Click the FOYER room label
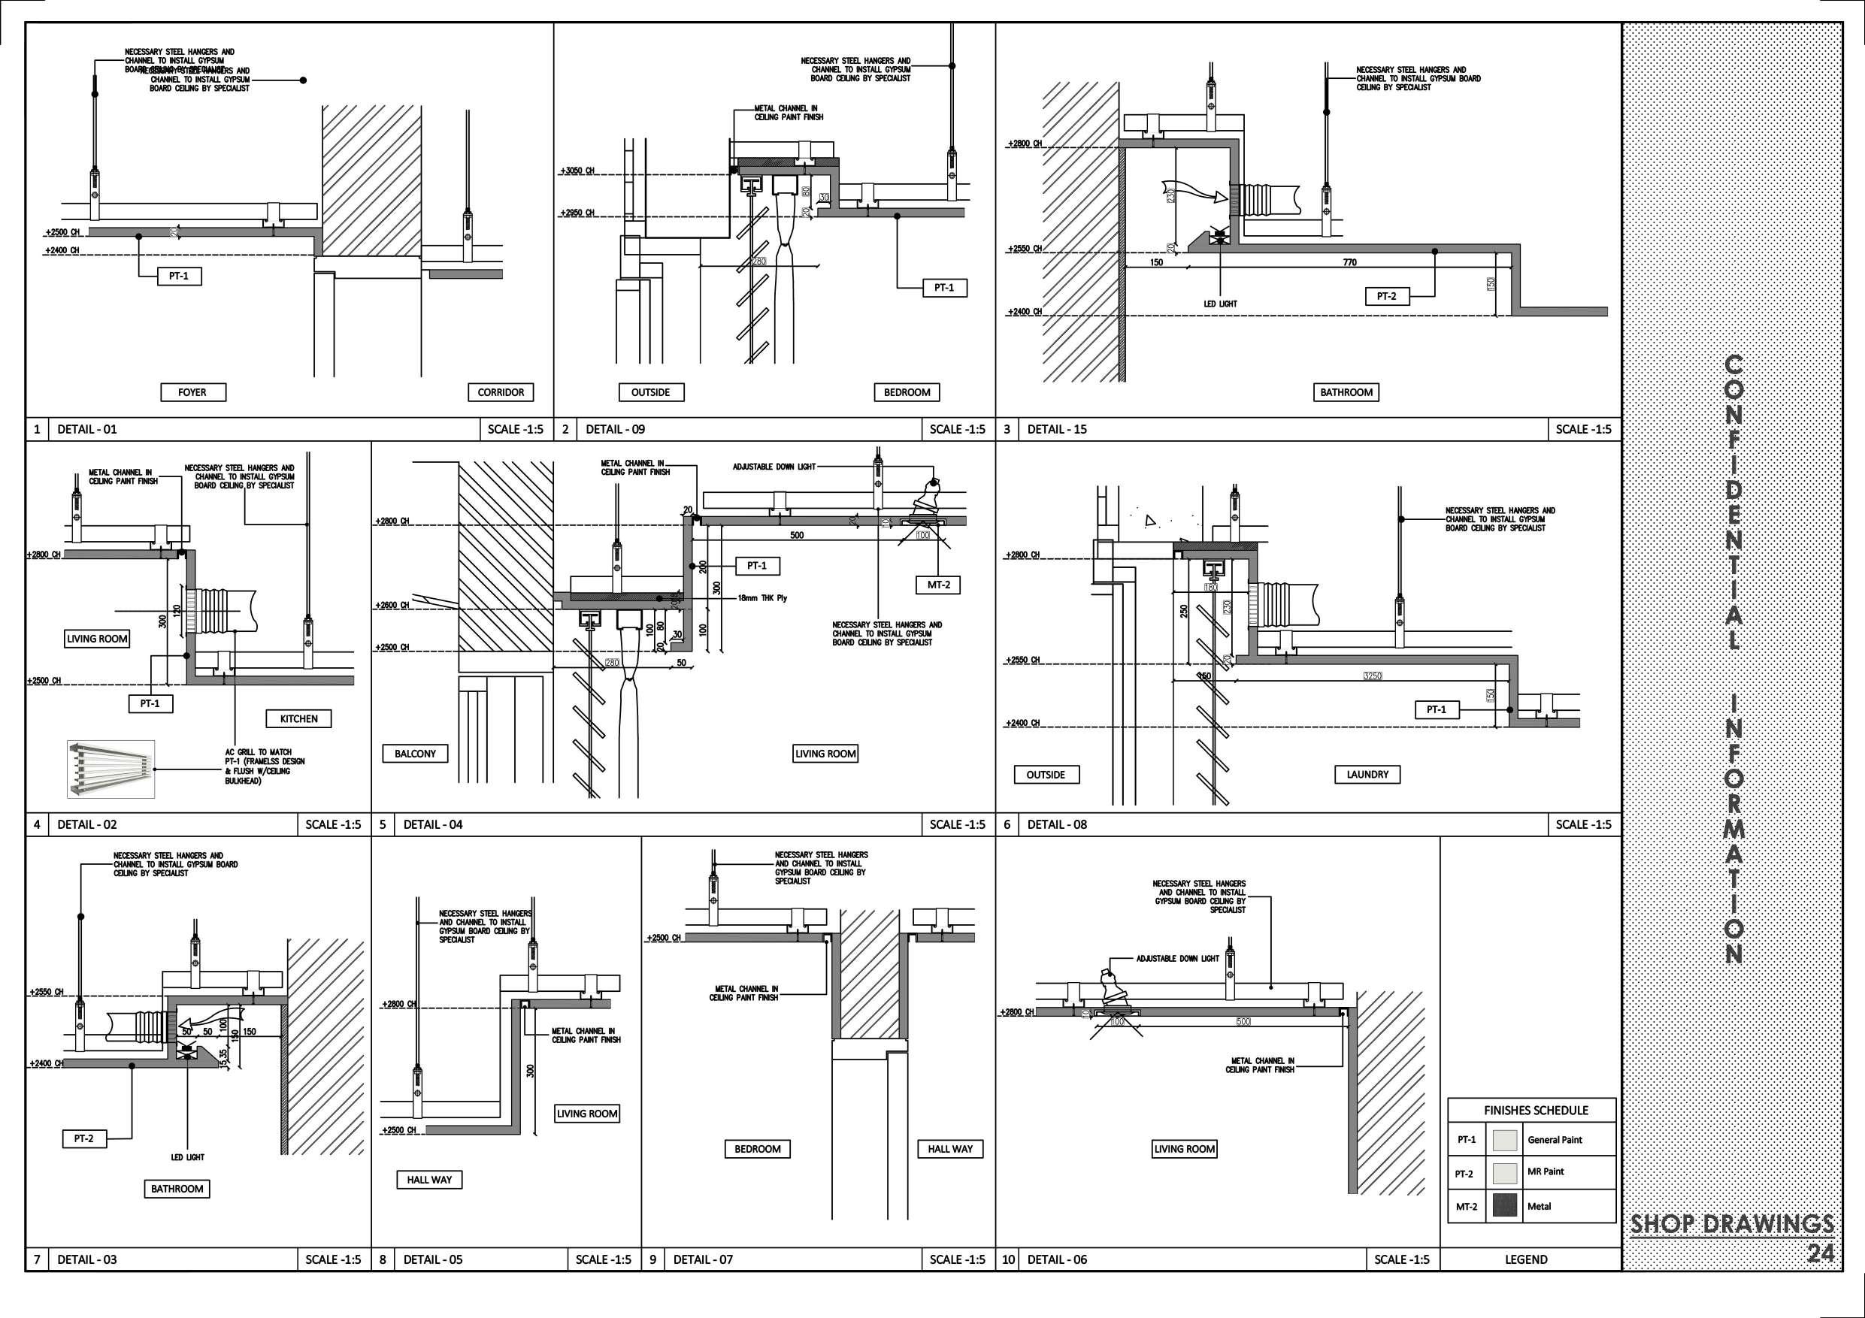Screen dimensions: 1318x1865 (x=192, y=392)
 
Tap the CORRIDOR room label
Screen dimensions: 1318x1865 (x=501, y=392)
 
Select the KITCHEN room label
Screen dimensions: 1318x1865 (x=299, y=718)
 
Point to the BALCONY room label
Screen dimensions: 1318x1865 (x=415, y=754)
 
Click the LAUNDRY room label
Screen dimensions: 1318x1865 (x=1367, y=775)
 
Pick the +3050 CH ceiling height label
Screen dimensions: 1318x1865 (x=577, y=171)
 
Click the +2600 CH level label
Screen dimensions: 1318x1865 (x=392, y=606)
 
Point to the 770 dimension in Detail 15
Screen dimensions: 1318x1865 (x=1349, y=262)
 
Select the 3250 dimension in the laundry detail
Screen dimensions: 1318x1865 (x=1372, y=676)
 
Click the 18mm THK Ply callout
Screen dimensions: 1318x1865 (x=762, y=598)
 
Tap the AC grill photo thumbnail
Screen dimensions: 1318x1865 (x=111, y=768)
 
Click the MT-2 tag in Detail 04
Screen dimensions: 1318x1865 (x=938, y=585)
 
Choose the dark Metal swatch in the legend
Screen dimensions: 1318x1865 (x=1505, y=1206)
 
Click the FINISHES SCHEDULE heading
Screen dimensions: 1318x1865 (x=1535, y=1110)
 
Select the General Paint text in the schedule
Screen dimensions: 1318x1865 (x=1554, y=1140)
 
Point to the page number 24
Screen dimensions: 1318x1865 (x=1821, y=1254)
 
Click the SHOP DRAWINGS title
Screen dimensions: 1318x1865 (x=1732, y=1225)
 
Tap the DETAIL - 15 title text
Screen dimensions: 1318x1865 (x=1057, y=430)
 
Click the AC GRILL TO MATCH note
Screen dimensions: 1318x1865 (x=259, y=753)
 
